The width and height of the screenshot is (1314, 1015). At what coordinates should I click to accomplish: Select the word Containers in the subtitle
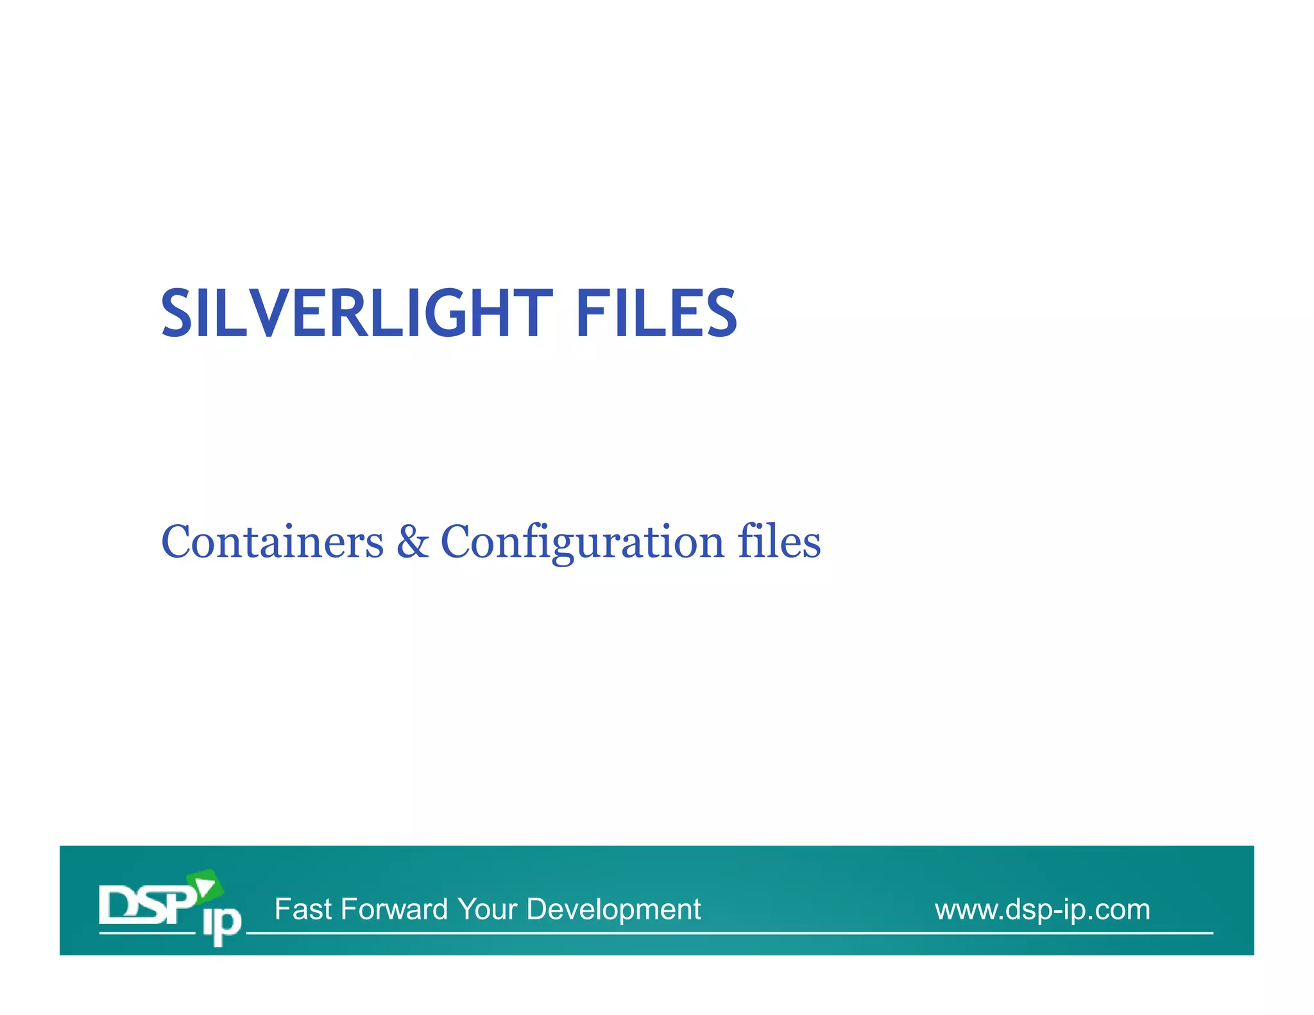272,542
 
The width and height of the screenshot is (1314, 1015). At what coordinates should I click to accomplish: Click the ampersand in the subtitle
413,542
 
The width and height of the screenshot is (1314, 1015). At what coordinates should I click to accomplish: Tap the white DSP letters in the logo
146,905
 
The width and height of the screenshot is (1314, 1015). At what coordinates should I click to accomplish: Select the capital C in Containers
176,542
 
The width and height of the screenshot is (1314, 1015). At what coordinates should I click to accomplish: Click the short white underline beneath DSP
147,933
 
